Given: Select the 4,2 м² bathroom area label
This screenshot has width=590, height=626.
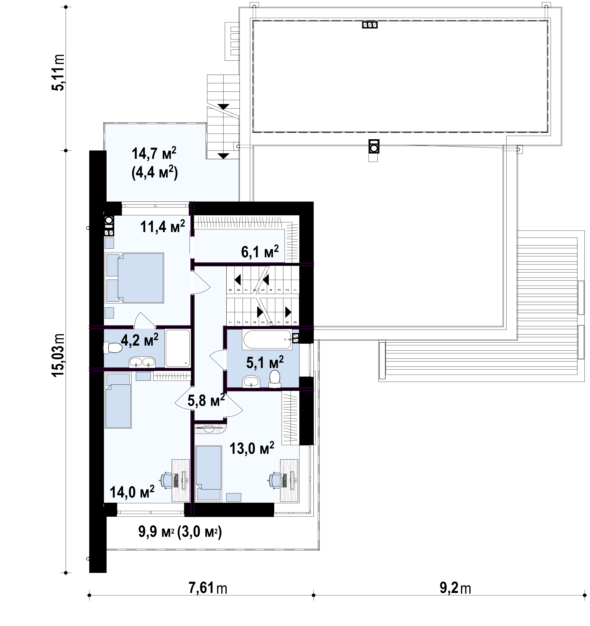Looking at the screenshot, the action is [x=139, y=340].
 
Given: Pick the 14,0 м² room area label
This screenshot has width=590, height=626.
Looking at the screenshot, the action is [x=132, y=491].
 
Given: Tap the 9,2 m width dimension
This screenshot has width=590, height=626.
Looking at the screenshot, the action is [x=455, y=588].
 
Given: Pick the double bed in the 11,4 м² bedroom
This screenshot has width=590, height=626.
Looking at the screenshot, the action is [x=135, y=278].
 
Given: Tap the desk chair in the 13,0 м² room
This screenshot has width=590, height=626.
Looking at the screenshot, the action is [x=275, y=480].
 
